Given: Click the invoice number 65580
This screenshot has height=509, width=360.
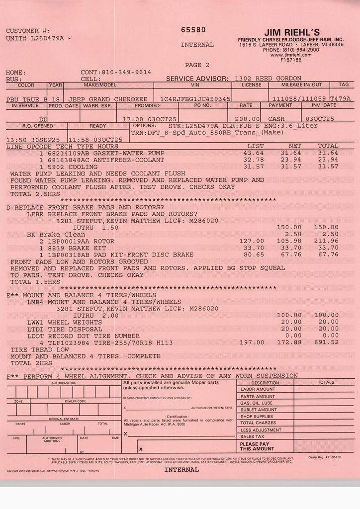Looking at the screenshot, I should tap(193, 30).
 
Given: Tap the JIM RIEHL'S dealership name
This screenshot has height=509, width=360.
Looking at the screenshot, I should tap(292, 32).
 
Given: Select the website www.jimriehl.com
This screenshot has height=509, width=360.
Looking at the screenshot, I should tap(291, 55).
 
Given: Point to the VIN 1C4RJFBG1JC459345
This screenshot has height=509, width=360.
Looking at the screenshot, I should tap(195, 99).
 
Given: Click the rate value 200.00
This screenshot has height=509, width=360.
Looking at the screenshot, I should tap(248, 119).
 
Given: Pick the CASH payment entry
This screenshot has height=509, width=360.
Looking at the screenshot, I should tap(276, 119).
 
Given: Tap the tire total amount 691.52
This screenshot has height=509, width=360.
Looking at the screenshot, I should tap(326, 342).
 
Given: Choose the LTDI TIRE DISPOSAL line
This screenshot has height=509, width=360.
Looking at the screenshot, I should tap(64, 329).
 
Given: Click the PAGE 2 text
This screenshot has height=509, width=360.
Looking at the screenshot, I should tap(197, 65).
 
